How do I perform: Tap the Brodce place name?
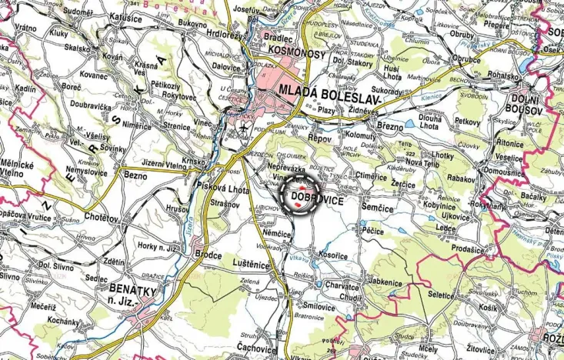(x=208, y=255)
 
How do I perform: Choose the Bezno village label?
(x=135, y=176)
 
